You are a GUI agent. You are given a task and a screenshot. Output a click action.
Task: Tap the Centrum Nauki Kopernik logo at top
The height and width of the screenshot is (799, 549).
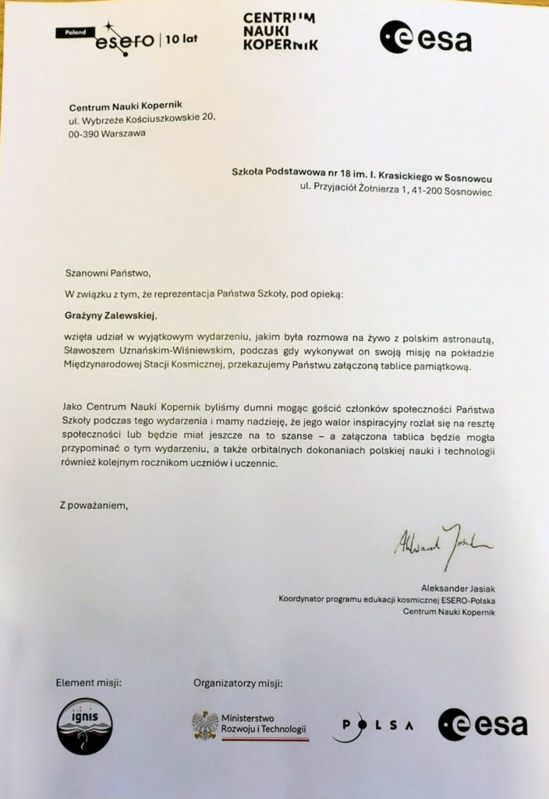pos(280,32)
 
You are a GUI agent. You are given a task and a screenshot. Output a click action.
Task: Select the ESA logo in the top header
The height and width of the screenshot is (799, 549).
pos(425,37)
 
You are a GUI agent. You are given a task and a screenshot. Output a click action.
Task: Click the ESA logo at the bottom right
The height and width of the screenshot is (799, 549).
pos(482,725)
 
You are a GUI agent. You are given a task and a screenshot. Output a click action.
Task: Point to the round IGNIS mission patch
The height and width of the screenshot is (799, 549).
pos(84,726)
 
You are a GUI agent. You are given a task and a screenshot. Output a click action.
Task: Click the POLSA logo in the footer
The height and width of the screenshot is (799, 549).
pos(373,726)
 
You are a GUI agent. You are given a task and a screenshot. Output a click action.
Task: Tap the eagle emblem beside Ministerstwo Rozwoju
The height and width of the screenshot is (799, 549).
pos(205,725)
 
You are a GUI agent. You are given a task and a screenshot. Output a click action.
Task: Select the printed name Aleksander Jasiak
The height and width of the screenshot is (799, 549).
pos(457,587)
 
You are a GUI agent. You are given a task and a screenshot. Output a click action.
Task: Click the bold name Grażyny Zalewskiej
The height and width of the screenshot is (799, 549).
pos(112,317)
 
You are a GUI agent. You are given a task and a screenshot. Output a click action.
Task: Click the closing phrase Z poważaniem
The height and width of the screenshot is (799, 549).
pos(93,505)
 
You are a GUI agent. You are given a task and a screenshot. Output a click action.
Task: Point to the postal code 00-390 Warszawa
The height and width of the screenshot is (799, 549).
pos(107,133)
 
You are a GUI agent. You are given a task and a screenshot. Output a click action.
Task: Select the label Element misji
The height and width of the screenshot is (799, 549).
pos(88,684)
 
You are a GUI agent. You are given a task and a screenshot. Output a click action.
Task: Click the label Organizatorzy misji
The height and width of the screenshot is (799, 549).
pos(238,684)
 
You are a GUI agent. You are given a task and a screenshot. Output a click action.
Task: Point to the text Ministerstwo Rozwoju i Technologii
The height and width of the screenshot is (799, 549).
pos(264,726)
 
